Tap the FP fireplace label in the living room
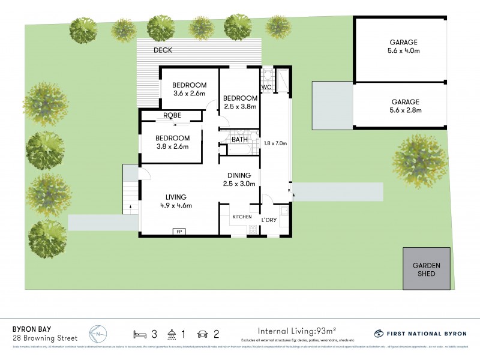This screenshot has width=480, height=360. [x=178, y=231]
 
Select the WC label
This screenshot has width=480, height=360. [x=266, y=88]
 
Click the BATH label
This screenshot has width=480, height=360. [x=240, y=140]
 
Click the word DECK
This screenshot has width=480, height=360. [x=163, y=50]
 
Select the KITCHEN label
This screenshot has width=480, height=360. [x=242, y=217]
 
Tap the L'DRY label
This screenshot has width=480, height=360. [x=269, y=220]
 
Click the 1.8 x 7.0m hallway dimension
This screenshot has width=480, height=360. [x=275, y=143]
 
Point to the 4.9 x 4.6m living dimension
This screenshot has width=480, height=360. [x=176, y=206]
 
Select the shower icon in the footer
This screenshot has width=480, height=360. [x=173, y=333]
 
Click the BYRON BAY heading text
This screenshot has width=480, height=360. [x=33, y=329]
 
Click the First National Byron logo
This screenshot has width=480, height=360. [x=420, y=333]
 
